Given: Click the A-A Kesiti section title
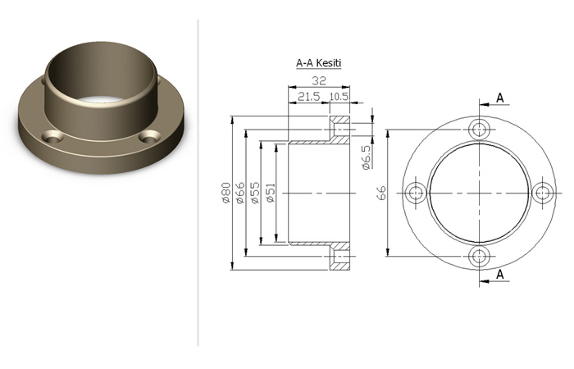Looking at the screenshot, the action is tap(318, 63).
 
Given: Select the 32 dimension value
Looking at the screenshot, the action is tap(318, 80).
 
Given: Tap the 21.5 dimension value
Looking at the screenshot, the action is tap(308, 97).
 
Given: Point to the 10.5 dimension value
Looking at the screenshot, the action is tap(339, 97).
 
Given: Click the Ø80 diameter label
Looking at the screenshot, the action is tap(226, 193).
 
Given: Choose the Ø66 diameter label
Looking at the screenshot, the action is tap(240, 193).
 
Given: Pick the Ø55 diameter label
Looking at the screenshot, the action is tap(254, 193).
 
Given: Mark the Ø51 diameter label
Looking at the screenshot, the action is tap(270, 193).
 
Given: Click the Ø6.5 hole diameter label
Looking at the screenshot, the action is tap(366, 157).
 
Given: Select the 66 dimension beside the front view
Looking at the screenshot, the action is tap(381, 193).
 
